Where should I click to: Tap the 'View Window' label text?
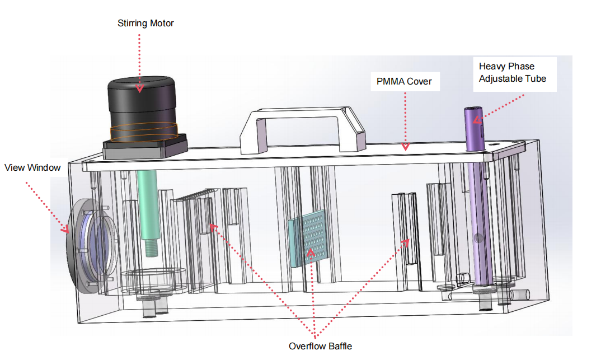32,167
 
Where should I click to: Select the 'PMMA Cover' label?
405,82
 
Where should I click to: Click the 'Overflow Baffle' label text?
320,346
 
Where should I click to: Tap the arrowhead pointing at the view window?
65,228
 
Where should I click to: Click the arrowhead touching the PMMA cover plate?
405,147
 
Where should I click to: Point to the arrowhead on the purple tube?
477,118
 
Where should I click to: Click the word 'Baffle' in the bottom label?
338,346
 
